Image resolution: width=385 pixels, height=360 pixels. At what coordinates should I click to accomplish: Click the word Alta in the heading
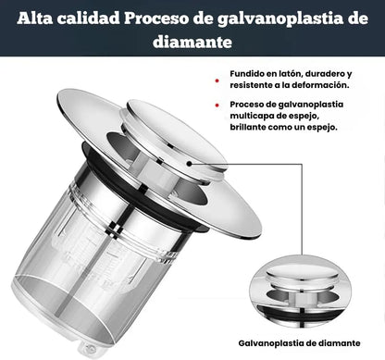pyautogui.click(x=38, y=19)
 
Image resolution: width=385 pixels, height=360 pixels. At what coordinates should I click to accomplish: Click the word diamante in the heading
pyautogui.click(x=192, y=43)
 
